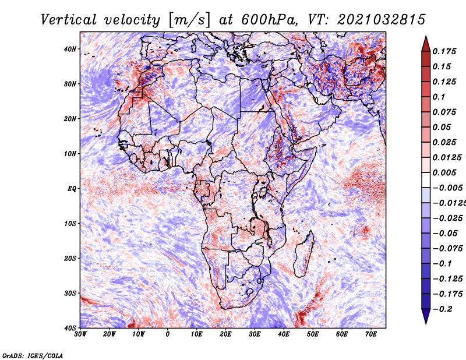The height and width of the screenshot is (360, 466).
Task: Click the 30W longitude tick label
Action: (x=80, y=334)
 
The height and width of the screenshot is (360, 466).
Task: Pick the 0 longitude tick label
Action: (x=168, y=334)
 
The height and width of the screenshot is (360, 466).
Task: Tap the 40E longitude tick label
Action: (x=284, y=334)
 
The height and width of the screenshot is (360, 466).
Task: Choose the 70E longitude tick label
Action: (x=371, y=334)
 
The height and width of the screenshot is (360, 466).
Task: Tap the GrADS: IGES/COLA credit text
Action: (x=32, y=355)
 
